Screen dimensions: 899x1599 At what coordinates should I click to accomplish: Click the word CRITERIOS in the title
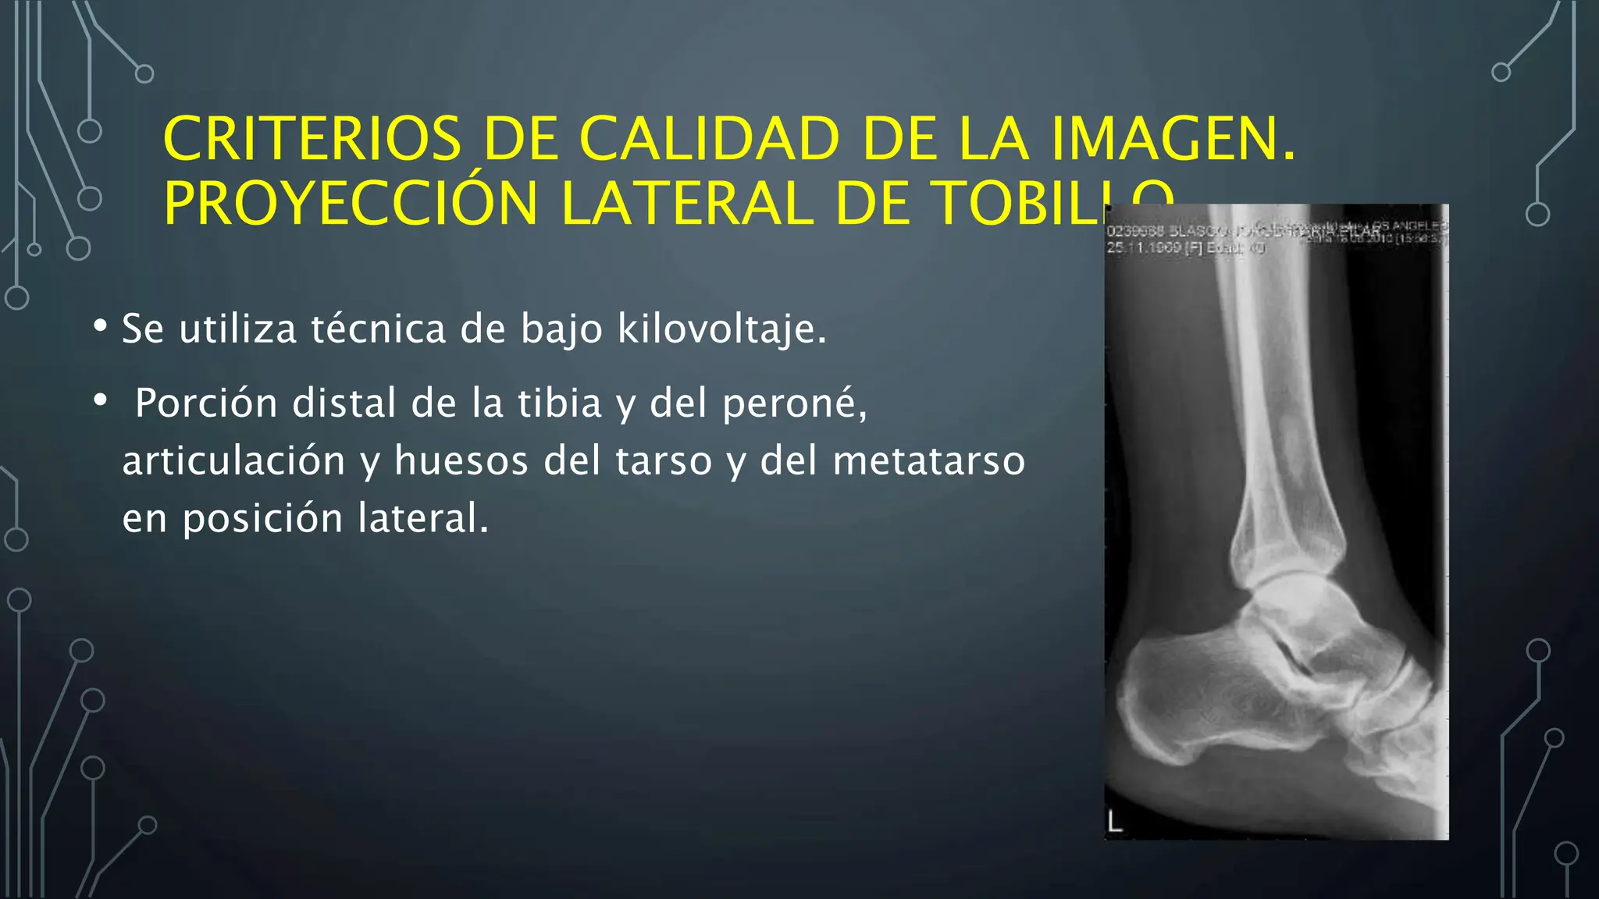coord(312,139)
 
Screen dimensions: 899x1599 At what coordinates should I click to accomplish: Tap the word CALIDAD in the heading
coord(708,139)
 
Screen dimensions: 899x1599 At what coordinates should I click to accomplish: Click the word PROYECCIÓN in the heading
coord(351,204)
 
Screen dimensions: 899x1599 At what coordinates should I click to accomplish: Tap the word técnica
coord(378,329)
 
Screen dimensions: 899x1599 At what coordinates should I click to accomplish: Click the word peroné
coord(794,403)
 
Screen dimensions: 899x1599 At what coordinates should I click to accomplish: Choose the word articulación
coord(233,460)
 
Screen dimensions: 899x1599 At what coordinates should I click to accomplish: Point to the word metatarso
coord(928,460)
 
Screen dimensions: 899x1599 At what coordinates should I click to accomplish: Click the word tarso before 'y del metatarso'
coord(664,460)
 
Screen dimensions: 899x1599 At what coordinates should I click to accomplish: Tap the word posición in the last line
coord(262,518)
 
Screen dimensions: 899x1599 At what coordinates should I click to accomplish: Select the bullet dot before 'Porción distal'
coord(99,400)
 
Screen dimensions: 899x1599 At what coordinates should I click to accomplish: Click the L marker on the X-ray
coord(1115,822)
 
